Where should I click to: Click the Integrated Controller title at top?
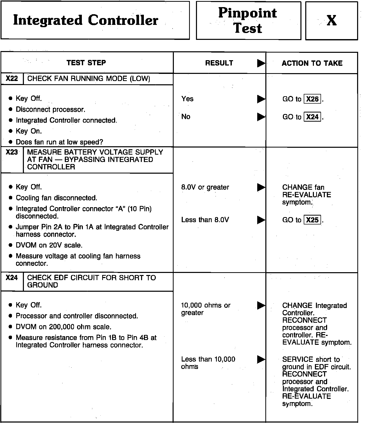[x=85, y=20]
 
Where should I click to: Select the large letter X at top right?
[x=331, y=20]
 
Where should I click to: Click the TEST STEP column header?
[x=86, y=63]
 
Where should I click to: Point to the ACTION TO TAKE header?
[x=312, y=63]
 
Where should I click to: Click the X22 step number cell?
[x=12, y=78]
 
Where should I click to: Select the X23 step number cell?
[x=12, y=152]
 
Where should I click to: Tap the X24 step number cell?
[x=12, y=278]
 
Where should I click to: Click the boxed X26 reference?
[x=312, y=99]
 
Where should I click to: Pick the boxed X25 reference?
[x=312, y=220]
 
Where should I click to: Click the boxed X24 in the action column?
[x=312, y=117]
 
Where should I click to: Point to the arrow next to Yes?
[x=261, y=99]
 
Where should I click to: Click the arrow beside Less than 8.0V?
[x=261, y=220]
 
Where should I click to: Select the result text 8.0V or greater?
[x=205, y=187]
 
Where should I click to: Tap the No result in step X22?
[x=186, y=117]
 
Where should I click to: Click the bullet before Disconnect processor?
[x=10, y=109]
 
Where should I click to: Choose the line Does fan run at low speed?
[x=59, y=142]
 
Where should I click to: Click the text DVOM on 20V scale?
[x=49, y=245]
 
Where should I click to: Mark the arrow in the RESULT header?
[x=261, y=63]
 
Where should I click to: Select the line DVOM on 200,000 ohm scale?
[x=64, y=327]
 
